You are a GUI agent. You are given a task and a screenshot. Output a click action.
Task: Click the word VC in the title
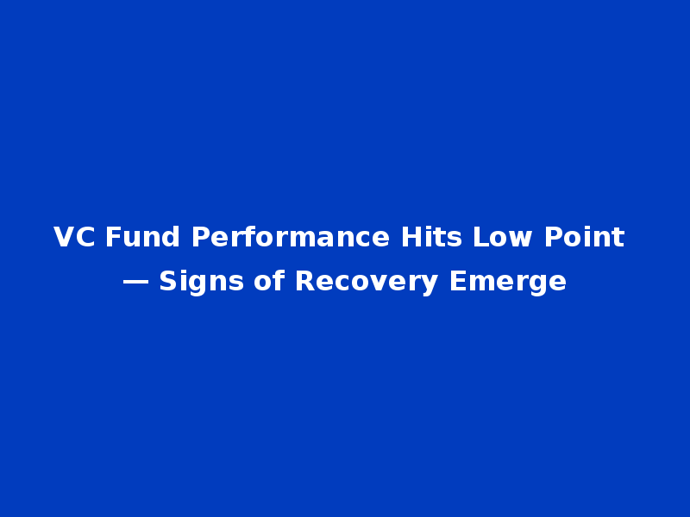(74, 237)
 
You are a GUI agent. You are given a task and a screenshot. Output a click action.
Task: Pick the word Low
(502, 237)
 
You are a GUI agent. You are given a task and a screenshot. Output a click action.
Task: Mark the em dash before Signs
(135, 283)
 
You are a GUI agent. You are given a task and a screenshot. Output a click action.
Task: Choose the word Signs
(201, 282)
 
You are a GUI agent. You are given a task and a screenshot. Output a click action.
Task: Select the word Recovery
(367, 282)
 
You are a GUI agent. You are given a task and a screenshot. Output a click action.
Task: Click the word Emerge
(508, 282)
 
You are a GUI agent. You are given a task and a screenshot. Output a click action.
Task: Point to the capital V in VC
(63, 237)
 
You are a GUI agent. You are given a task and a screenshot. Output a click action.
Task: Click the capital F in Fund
(113, 237)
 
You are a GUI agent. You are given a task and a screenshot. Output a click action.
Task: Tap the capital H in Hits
(411, 237)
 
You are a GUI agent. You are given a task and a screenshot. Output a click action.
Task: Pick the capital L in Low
(481, 237)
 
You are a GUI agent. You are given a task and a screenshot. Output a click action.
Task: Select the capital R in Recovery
(305, 281)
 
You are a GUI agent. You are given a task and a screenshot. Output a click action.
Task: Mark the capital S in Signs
(168, 281)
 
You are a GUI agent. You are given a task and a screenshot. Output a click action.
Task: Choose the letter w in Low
(520, 240)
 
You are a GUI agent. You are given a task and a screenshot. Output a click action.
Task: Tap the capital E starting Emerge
(457, 281)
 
